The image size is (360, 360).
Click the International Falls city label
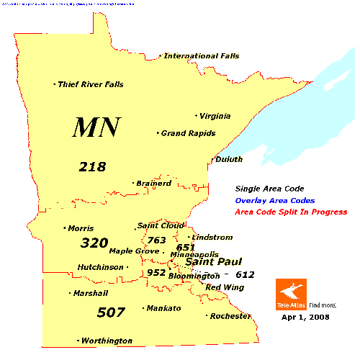pyautogui.click(x=202, y=55)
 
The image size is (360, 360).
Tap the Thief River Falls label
pyautogui.click(x=91, y=84)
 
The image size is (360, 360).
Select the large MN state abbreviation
pyautogui.click(x=96, y=127)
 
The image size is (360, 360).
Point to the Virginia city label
pyautogui.click(x=215, y=115)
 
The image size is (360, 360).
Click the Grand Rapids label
pyautogui.click(x=189, y=133)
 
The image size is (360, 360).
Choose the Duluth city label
pyautogui.click(x=229, y=159)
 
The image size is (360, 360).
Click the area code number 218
pyautogui.click(x=92, y=167)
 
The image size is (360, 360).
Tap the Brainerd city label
pyautogui.click(x=153, y=184)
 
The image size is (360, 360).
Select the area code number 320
pyautogui.click(x=94, y=243)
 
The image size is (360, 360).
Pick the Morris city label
pyautogui.click(x=81, y=228)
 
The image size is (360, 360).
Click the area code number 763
pyautogui.click(x=156, y=240)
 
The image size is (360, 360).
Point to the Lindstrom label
pyautogui.click(x=211, y=237)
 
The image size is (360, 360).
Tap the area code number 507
pyautogui.click(x=111, y=312)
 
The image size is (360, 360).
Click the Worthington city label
pyautogui.click(x=107, y=341)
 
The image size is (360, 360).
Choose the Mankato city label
pyautogui.click(x=163, y=308)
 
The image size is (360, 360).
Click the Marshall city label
pyautogui.click(x=90, y=293)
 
